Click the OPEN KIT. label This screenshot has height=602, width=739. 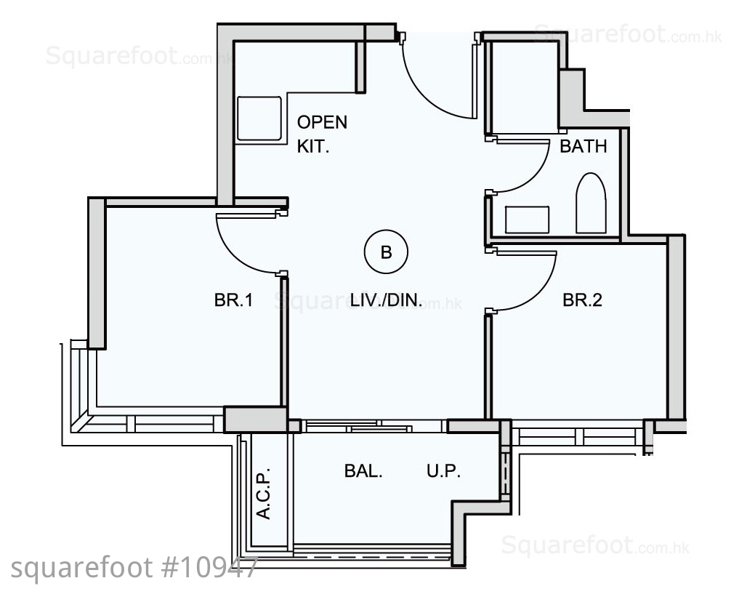tap(322, 135)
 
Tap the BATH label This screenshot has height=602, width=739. tap(583, 147)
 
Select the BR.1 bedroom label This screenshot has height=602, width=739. tap(233, 300)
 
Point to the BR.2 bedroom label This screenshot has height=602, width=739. tap(582, 300)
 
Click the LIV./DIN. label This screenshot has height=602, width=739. tap(386, 300)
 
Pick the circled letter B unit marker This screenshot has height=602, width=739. tap(386, 252)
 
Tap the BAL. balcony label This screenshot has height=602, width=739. tap(363, 471)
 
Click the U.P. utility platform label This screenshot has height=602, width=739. tap(443, 471)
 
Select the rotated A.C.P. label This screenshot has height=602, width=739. tap(264, 493)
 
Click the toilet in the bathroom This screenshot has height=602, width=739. tap(591, 203)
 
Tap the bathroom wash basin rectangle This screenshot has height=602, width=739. tap(527, 220)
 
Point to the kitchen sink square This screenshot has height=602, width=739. tap(259, 119)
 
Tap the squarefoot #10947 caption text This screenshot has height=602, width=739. tap(134, 568)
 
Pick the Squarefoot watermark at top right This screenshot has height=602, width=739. tap(627, 34)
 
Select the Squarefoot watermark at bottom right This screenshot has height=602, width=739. tap(595, 545)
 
